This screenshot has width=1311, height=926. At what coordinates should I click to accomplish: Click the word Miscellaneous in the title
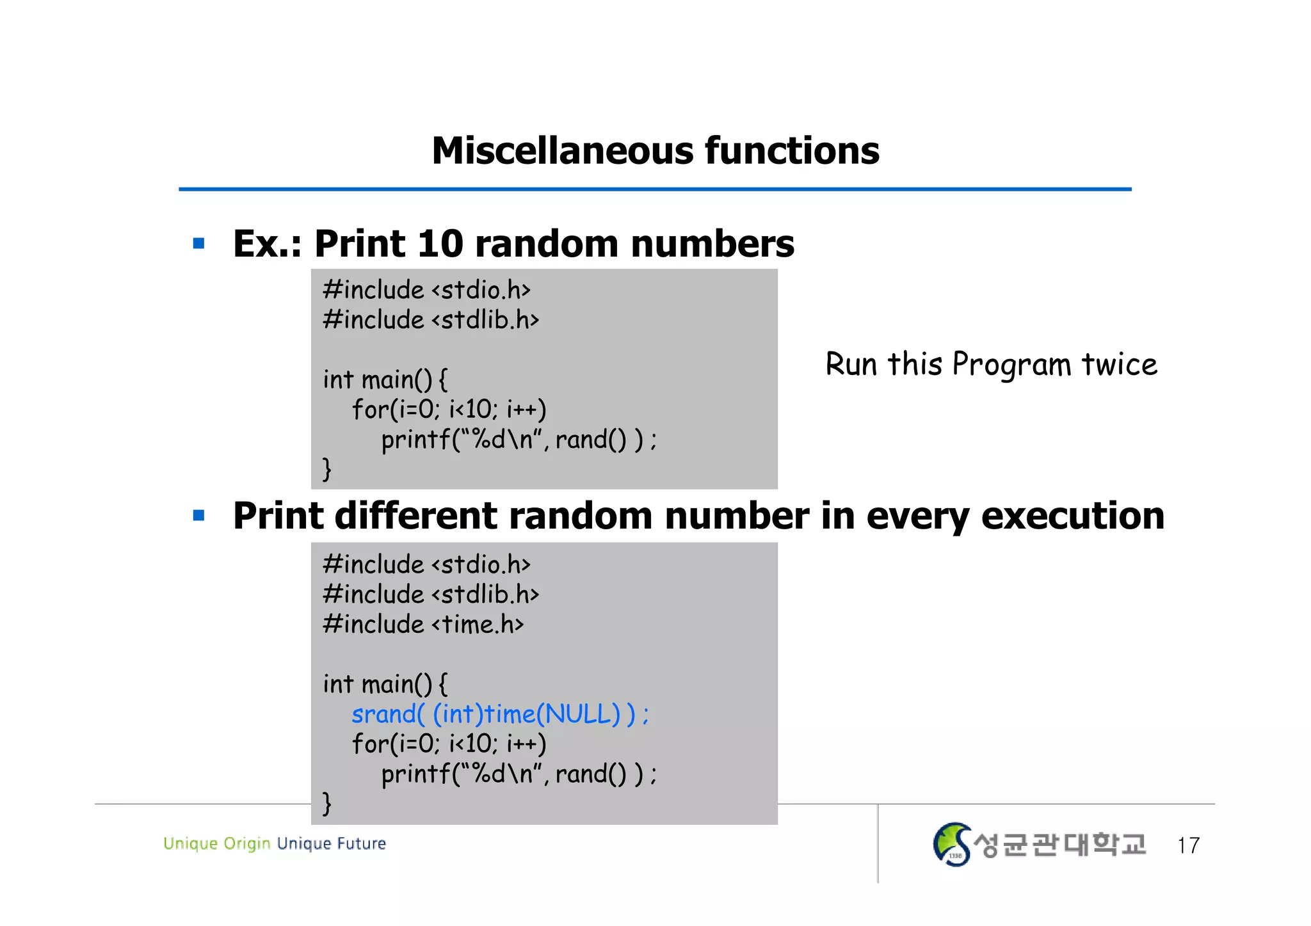563,151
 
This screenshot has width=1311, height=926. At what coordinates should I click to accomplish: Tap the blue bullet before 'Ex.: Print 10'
198,243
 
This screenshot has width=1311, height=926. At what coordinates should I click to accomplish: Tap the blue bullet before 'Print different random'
198,515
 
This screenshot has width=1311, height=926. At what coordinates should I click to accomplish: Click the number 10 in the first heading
440,244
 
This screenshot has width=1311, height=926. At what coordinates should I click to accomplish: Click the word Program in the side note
1011,365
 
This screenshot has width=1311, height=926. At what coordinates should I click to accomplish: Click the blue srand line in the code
500,714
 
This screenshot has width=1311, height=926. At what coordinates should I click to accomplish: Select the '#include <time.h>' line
423,624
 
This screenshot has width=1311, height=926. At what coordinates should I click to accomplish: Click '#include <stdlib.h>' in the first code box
431,319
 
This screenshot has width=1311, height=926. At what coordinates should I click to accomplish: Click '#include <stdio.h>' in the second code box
426,564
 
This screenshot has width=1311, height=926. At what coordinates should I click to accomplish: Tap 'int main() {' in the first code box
385,379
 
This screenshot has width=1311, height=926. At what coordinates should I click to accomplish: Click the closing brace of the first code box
326,468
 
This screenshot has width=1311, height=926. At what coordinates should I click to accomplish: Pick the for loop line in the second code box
449,744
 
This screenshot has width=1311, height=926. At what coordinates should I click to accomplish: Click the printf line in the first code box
519,440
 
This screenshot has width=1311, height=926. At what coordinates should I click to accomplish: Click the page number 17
1188,845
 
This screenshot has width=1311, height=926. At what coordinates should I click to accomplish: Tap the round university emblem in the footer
952,845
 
